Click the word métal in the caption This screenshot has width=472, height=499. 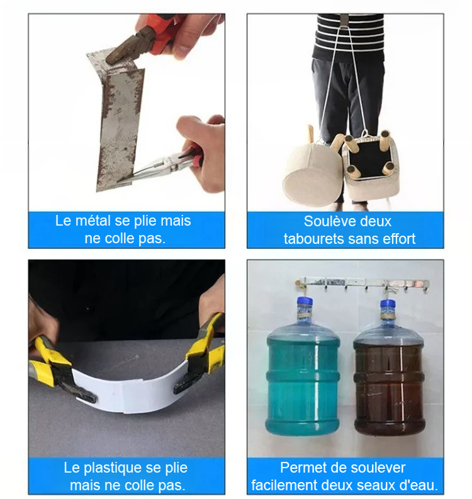[93, 221]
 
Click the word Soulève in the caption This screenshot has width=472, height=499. [328, 221]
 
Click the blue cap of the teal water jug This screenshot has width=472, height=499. [305, 302]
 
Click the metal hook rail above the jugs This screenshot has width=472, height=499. [362, 282]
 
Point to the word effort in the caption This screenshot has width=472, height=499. [400, 239]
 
